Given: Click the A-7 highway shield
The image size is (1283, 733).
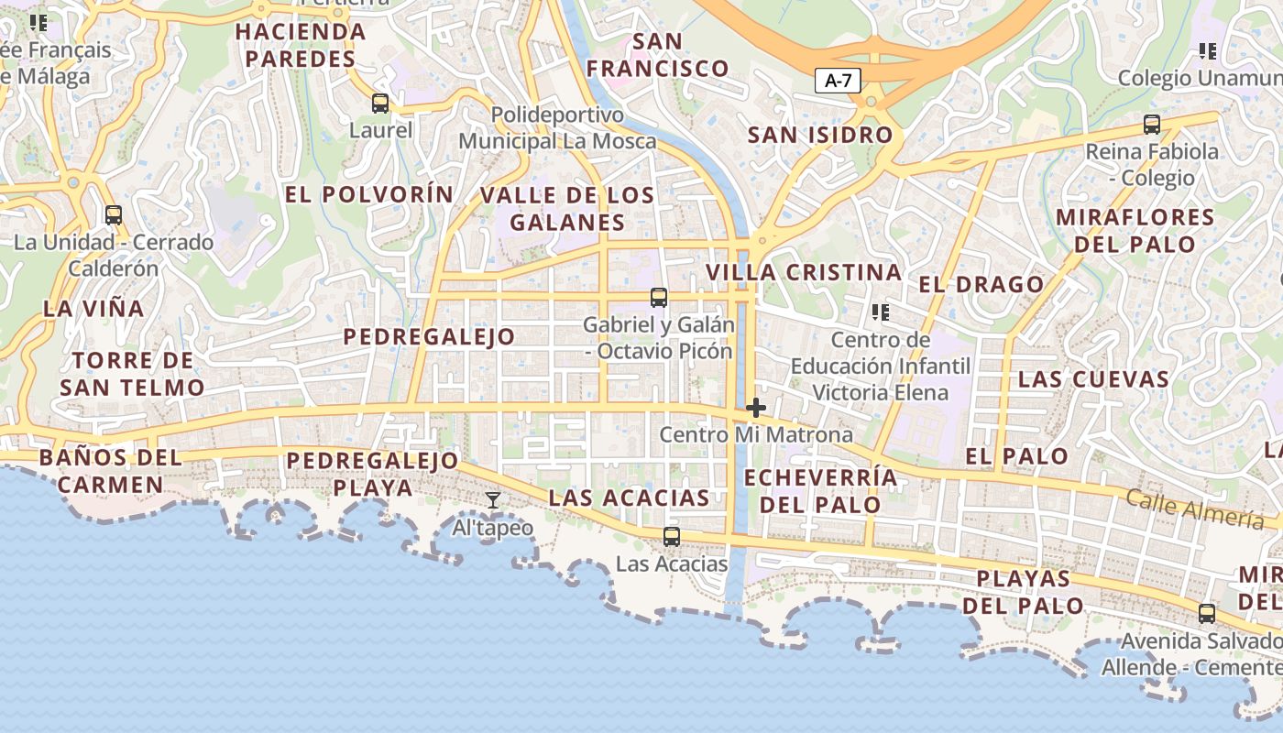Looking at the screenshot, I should click(838, 81).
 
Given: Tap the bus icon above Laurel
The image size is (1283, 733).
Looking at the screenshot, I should click(380, 104).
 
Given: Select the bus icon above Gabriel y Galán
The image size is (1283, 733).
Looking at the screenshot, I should click(658, 298).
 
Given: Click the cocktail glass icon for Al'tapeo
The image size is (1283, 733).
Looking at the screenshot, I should click(493, 500).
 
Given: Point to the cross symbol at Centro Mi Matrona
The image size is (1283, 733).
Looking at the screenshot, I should click(756, 408).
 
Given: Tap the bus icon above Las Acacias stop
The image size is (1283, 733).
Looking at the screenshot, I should click(672, 537).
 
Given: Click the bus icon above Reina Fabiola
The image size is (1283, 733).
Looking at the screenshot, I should click(1152, 125).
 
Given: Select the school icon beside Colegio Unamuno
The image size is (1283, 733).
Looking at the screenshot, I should click(1207, 51).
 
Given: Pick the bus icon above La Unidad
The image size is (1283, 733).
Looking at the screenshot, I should click(114, 215).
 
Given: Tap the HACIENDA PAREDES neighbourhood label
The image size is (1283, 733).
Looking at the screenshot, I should click(301, 45).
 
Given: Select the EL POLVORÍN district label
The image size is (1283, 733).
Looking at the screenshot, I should click(368, 194).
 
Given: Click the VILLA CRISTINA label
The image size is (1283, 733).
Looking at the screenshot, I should click(804, 272).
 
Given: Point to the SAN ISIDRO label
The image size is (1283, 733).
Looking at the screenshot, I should click(820, 135).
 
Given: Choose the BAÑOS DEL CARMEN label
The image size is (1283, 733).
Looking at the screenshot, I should click(111, 471).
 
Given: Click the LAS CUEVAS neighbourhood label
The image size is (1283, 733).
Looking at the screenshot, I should click(1093, 379).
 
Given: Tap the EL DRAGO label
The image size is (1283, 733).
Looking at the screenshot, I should click(981, 284).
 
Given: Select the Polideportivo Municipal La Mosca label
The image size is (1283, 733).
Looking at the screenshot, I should click(557, 128).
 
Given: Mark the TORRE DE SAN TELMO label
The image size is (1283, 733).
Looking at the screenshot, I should click(132, 374).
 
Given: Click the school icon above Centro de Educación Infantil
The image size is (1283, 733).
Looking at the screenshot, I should click(881, 312).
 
